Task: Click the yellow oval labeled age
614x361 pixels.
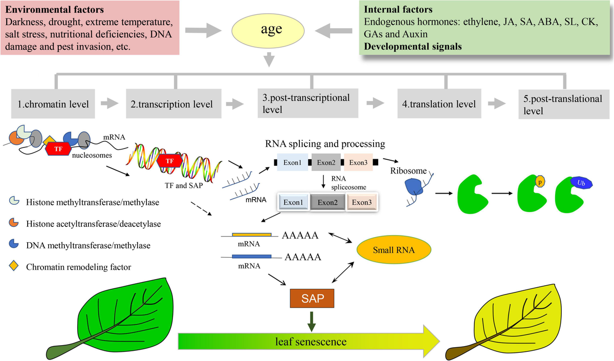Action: (x=268, y=29)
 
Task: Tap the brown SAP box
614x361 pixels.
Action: (x=312, y=299)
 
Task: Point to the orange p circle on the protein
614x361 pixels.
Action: (x=540, y=181)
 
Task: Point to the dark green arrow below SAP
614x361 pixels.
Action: (x=312, y=321)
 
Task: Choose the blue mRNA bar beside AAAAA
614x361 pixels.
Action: (x=251, y=257)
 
